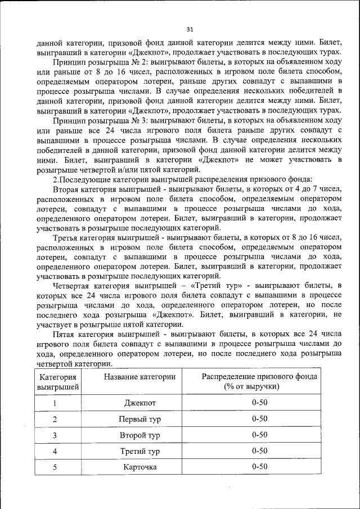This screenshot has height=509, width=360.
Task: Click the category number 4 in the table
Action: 55,451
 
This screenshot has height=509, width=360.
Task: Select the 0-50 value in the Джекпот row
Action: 259,403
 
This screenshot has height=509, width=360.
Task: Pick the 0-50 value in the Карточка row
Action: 259,467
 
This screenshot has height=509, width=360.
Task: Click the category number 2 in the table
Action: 55,419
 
